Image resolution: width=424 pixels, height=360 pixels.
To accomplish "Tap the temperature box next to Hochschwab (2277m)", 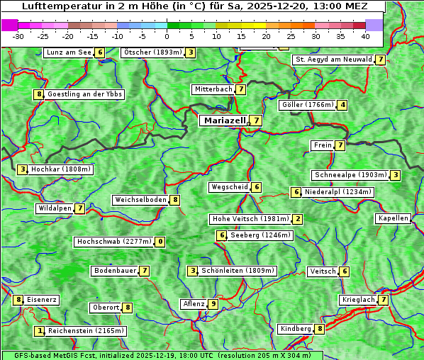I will pos(161,242).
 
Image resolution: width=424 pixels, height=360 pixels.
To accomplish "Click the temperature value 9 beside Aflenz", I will pos(213,304).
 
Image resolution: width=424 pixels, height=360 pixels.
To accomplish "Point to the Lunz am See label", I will pos(69,52).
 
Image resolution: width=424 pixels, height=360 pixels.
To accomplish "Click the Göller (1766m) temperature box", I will pos(342,105).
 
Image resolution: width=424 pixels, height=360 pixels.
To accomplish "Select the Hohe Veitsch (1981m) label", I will pos(251,219).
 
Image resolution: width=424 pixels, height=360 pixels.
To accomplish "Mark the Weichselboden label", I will pos(141,200).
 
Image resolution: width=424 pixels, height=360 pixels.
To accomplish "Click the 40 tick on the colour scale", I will pos(365,35).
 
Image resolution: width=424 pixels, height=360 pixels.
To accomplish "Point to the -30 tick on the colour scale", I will pos(18,35).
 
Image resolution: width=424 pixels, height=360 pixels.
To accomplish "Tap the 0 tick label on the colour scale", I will pos(167,35).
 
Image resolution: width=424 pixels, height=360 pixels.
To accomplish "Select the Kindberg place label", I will pos(296,329).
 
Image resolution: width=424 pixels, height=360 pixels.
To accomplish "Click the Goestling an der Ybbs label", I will pos(84,94).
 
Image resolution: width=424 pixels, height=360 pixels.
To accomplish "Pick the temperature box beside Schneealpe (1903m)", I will pos(395,175).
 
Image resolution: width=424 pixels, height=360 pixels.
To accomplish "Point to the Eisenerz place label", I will pos(42,300).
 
